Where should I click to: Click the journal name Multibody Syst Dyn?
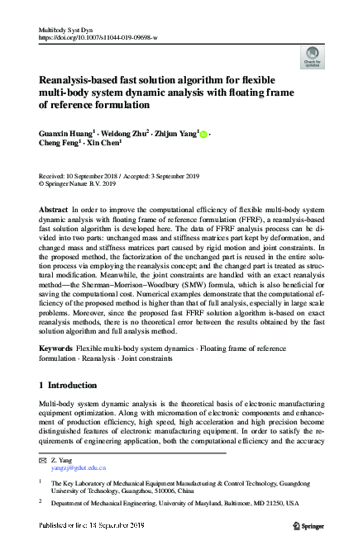pos(68,30)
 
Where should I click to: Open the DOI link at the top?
pos(98,38)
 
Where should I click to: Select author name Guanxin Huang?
pos(65,132)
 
